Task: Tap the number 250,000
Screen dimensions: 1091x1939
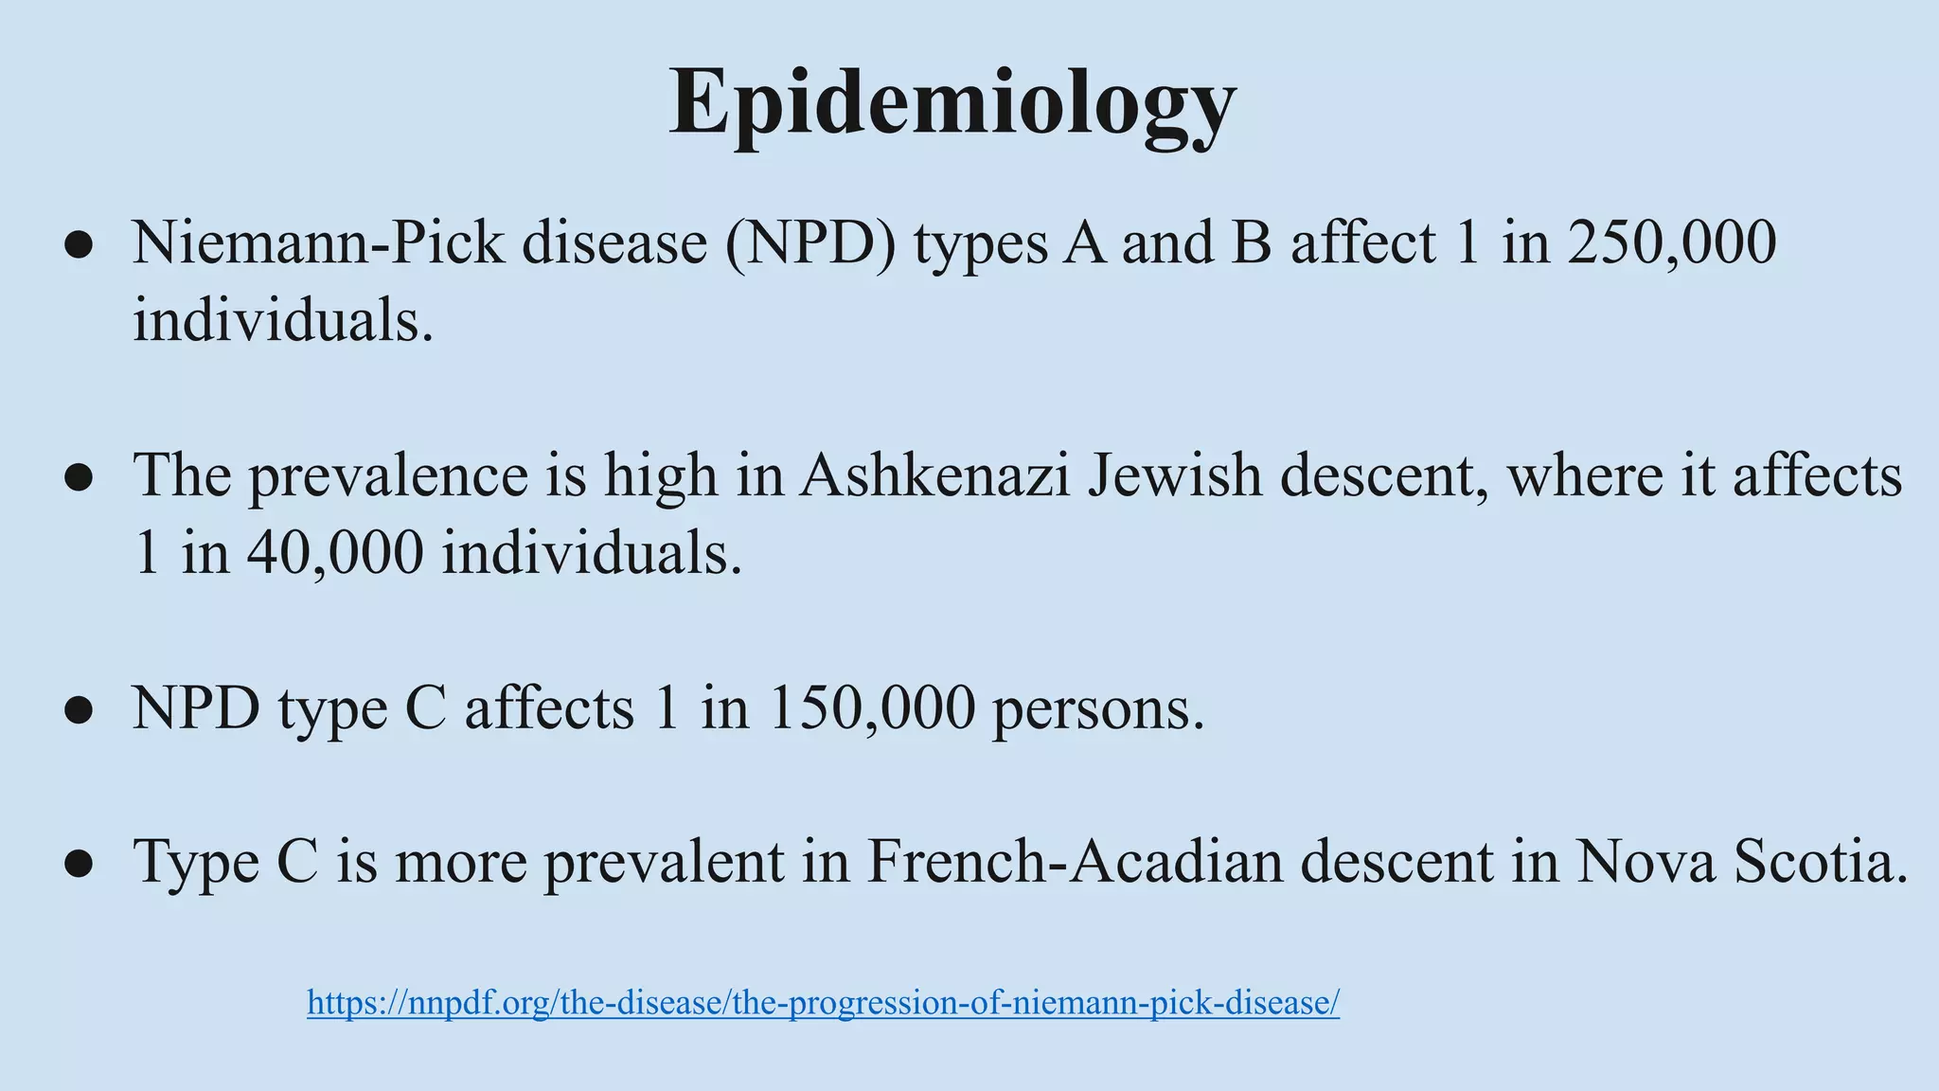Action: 1671,242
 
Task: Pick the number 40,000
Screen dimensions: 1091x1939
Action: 335,553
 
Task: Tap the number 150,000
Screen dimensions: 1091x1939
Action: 871,708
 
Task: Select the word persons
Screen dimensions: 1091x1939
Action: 1098,708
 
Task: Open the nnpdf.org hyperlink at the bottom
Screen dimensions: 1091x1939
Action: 823,1002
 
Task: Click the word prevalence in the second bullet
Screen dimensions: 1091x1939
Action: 388,475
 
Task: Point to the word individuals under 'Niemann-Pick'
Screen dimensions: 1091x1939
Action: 282,320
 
